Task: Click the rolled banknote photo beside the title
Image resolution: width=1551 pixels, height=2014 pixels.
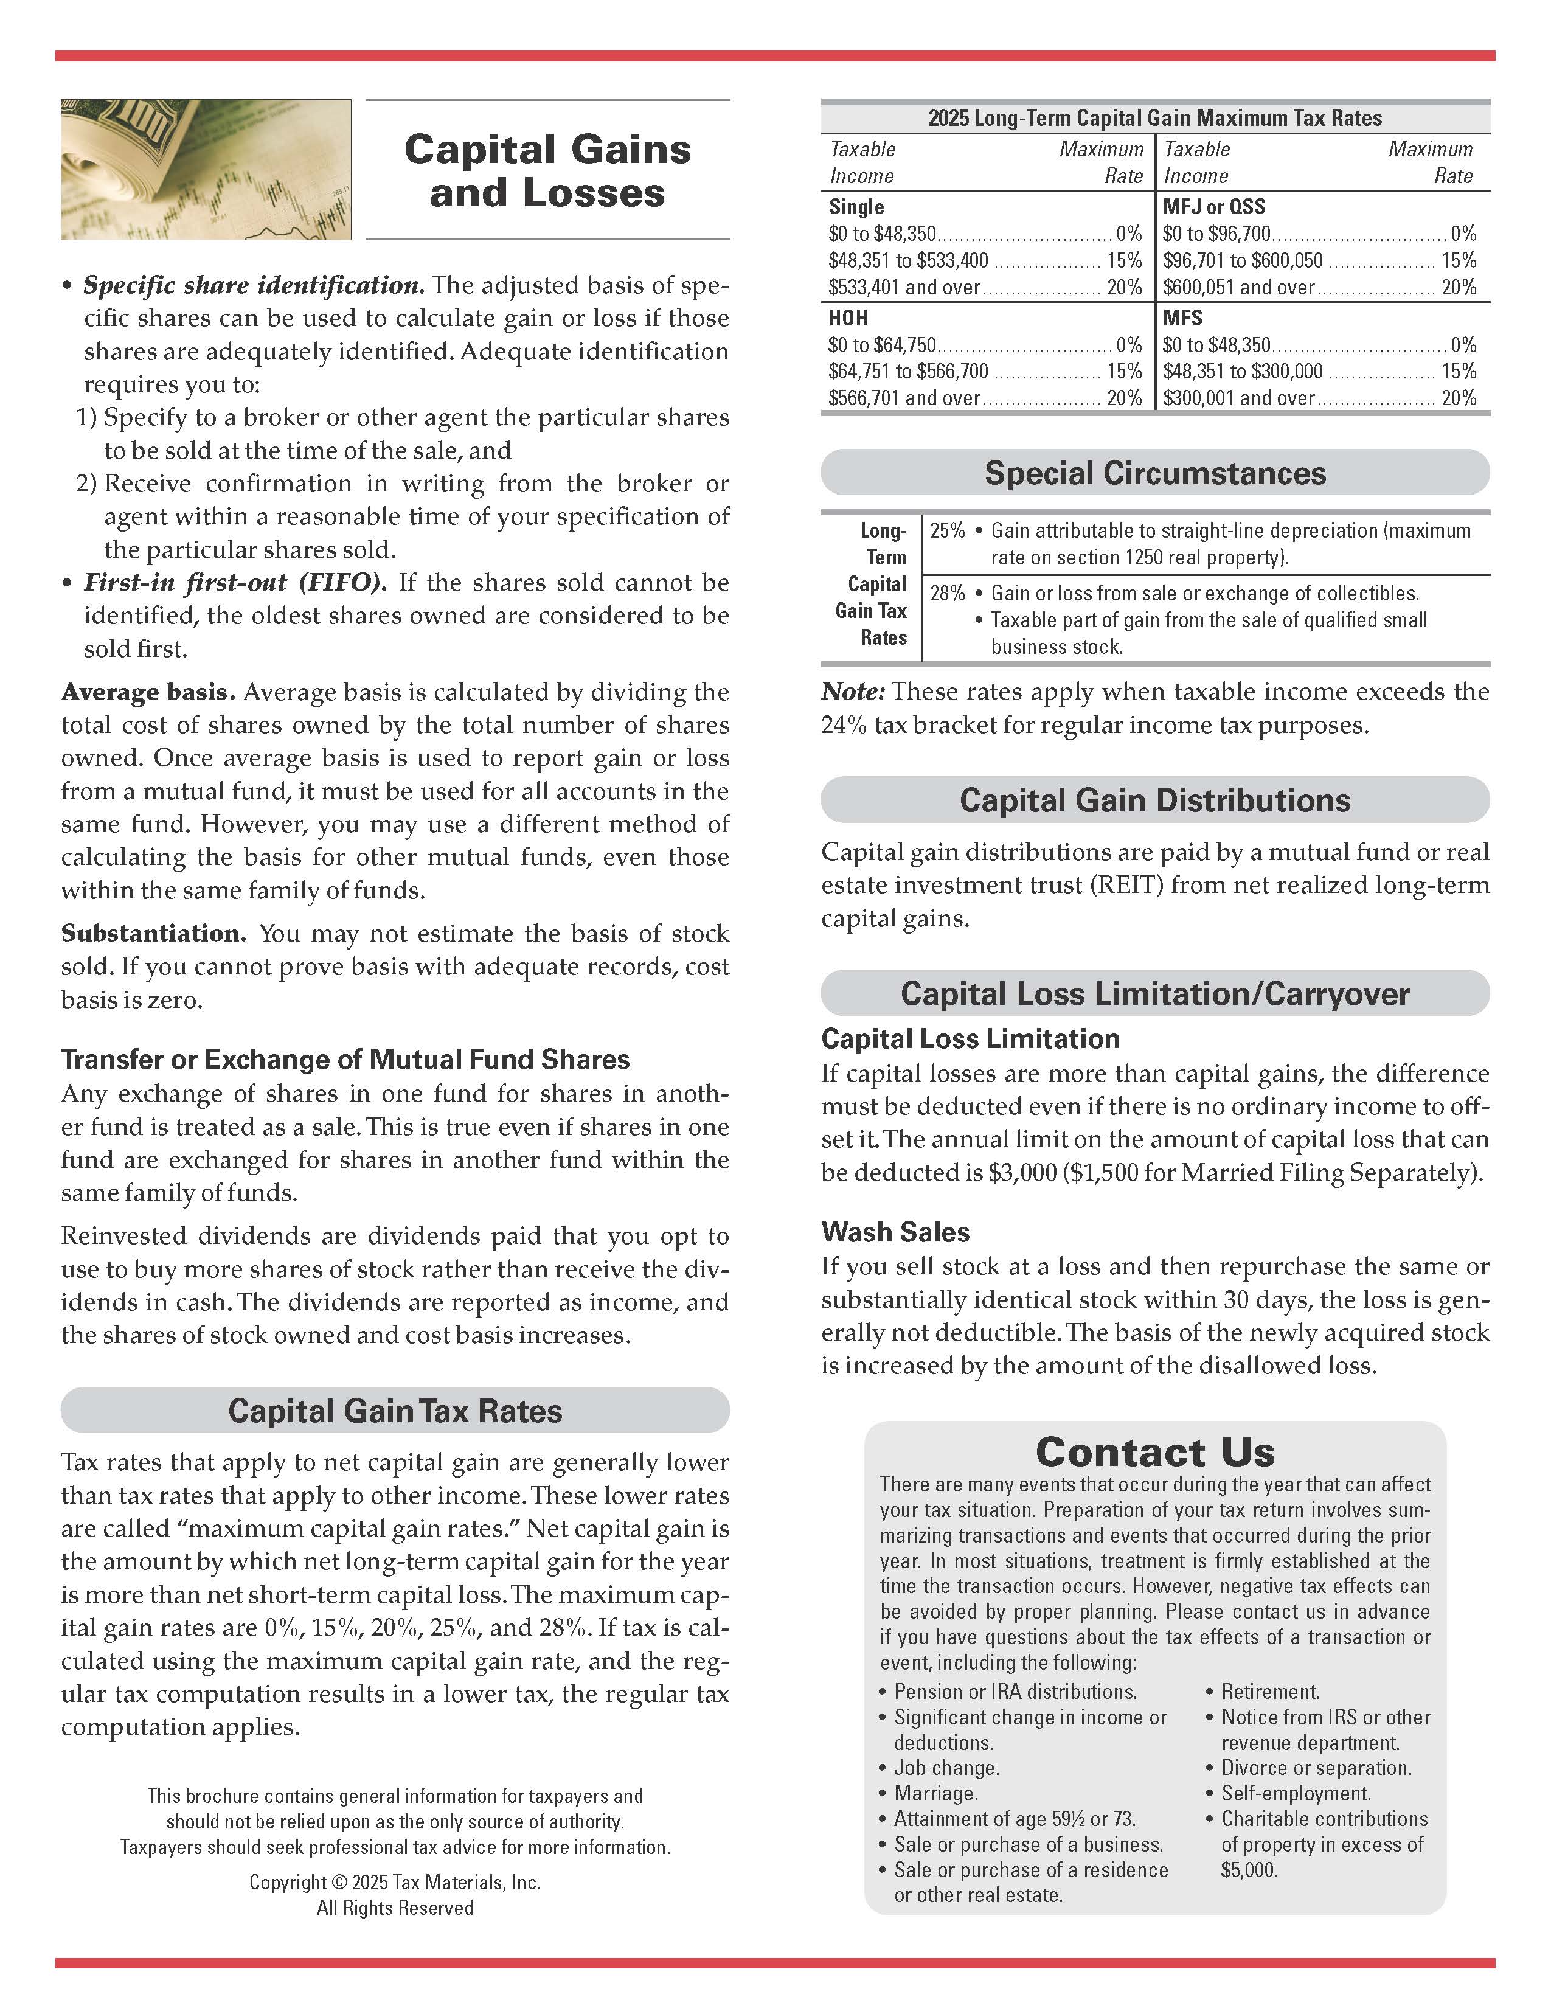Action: pos(206,170)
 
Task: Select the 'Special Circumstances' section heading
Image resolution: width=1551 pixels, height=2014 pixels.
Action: pos(1154,473)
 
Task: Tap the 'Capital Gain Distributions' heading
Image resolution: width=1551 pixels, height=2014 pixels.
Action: pos(1154,799)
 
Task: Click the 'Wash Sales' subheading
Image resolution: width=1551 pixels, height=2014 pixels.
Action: pos(895,1231)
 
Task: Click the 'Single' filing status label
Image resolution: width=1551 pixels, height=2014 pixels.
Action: pos(856,207)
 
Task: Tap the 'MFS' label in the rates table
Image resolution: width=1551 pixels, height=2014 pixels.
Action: pos(1182,318)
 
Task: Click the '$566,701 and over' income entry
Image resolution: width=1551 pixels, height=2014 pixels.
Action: pos(904,398)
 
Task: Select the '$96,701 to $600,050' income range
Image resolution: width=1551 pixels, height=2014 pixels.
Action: pos(1242,261)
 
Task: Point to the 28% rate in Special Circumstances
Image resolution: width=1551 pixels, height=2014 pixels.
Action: pos(947,593)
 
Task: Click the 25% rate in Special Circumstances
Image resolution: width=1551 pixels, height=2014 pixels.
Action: pos(947,530)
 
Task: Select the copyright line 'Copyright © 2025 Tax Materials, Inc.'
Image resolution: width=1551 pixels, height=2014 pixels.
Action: pos(395,1882)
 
